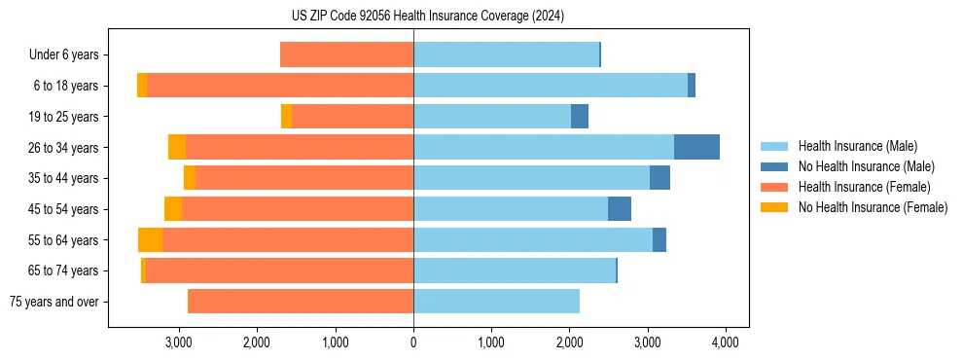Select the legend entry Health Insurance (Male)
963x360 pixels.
(x=856, y=146)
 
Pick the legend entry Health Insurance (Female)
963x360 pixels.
(x=862, y=187)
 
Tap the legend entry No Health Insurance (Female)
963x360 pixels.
(x=872, y=207)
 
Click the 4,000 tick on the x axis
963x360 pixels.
(x=725, y=342)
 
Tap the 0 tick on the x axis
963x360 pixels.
(x=413, y=342)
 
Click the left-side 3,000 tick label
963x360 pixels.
(x=178, y=342)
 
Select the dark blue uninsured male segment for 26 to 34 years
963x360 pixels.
(x=696, y=147)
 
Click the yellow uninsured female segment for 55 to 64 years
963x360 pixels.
(x=150, y=239)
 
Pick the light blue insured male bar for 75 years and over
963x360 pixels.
(x=496, y=302)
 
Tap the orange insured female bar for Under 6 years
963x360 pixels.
(x=346, y=54)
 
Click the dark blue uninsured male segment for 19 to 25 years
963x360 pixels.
(x=580, y=117)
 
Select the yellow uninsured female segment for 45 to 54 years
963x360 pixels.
(x=173, y=209)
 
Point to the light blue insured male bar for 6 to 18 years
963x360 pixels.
(x=551, y=86)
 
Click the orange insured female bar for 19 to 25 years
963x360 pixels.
(x=352, y=117)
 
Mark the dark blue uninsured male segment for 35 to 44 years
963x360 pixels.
(x=660, y=178)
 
